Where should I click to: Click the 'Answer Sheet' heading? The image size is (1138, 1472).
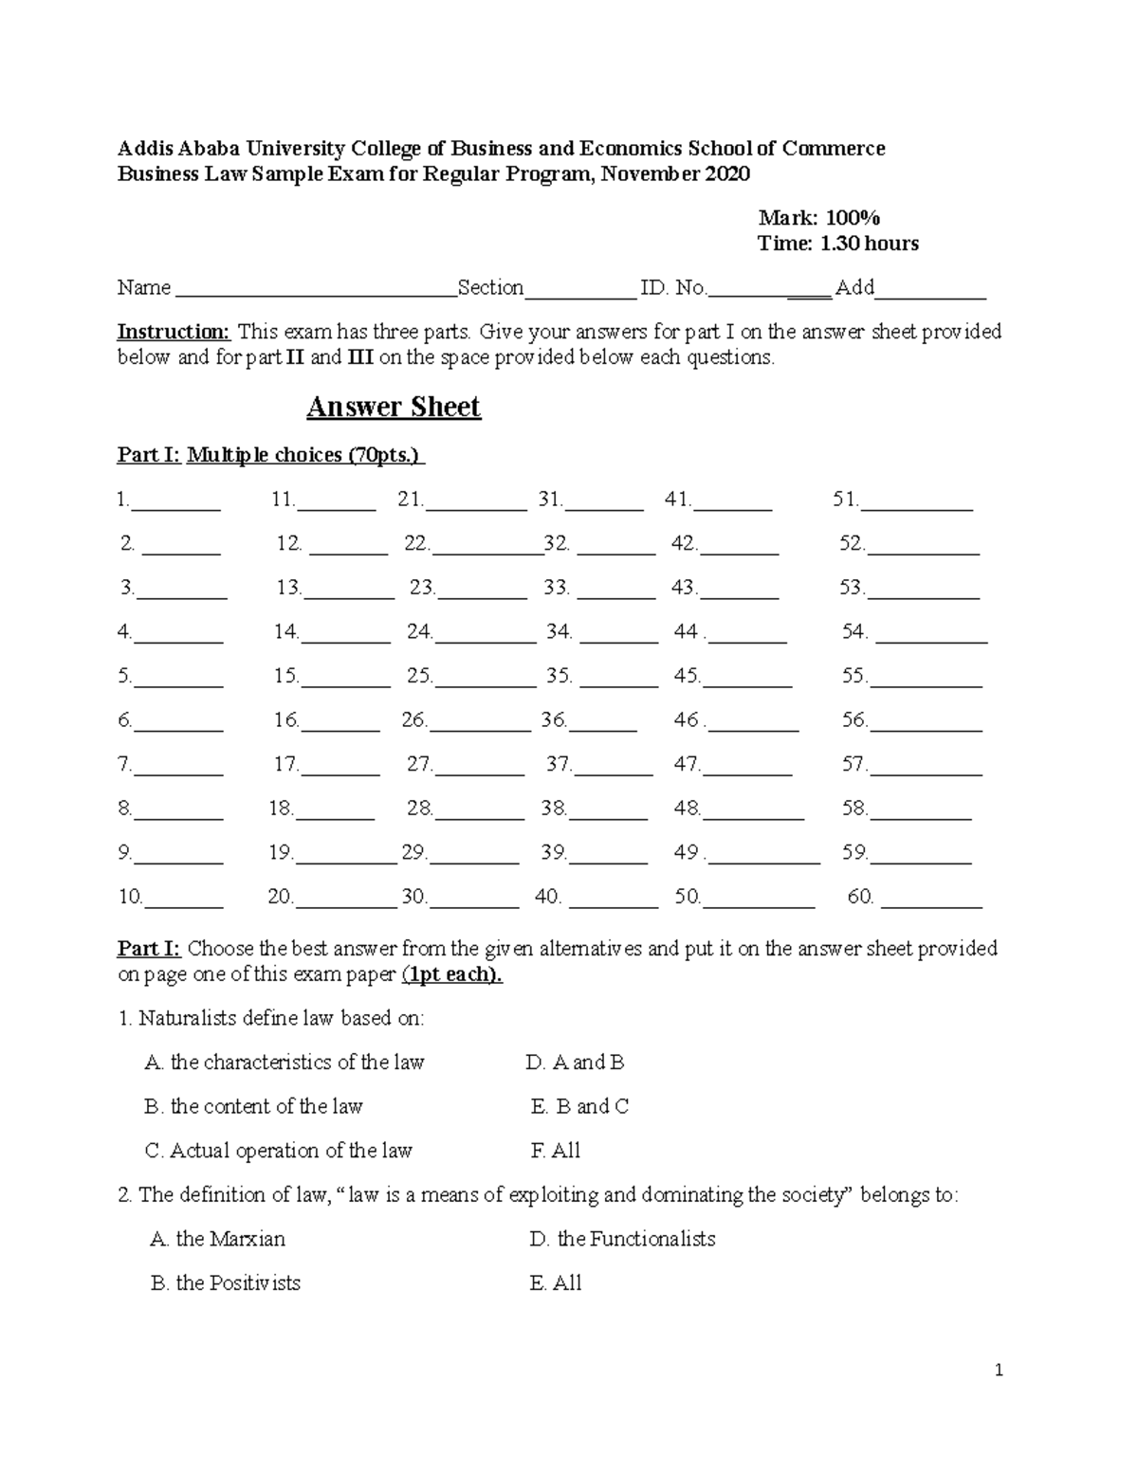[x=394, y=408]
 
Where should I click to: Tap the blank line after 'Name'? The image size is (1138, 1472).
[x=314, y=290]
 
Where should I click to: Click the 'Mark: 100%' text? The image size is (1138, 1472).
[x=819, y=218]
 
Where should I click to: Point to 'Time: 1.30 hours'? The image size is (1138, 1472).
[x=837, y=244]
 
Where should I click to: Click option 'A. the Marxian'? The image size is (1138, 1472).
[x=217, y=1239]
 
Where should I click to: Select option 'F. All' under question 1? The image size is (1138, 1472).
[x=556, y=1151]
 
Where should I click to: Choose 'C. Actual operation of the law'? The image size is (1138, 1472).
[x=278, y=1151]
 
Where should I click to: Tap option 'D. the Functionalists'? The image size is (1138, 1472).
[x=622, y=1239]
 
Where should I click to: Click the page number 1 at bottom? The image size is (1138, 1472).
[x=999, y=1370]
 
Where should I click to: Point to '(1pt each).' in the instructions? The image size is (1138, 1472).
[x=452, y=974]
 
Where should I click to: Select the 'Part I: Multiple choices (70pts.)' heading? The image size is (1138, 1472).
[x=270, y=455]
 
